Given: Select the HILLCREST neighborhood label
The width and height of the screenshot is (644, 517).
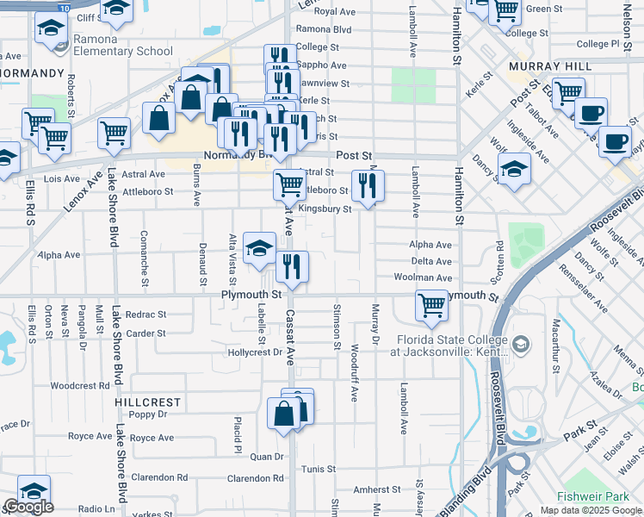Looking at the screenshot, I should click(148, 402).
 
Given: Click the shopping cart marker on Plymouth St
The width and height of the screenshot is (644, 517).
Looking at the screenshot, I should click(431, 305).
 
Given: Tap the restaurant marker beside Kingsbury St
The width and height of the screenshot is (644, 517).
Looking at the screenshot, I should click(368, 184).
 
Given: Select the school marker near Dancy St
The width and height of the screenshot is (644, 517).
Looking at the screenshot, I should click(514, 169).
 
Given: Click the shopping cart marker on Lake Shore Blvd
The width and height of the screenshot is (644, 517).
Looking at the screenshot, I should click(115, 133).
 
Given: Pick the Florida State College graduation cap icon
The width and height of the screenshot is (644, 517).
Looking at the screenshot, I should click(521, 345).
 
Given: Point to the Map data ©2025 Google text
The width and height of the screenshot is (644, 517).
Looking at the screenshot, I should click(591, 510).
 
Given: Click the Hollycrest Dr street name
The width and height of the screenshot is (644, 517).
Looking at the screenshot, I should click(254, 352).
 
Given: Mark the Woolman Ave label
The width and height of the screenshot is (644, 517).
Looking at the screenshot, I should click(422, 278).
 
